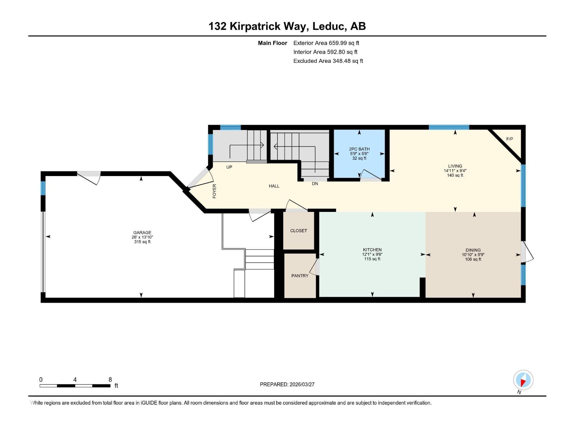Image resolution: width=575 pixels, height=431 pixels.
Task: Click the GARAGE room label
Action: tap(142, 232)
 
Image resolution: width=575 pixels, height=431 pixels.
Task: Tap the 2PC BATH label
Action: tap(359, 149)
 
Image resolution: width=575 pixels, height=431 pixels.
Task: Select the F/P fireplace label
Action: tap(509, 139)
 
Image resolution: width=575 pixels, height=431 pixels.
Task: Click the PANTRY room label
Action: tap(300, 275)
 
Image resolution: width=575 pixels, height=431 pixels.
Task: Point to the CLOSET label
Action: tap(299, 231)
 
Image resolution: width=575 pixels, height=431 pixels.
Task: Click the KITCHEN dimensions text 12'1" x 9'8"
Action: tap(372, 254)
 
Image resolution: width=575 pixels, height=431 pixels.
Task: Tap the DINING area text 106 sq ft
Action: tap(473, 259)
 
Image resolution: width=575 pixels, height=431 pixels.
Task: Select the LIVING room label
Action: tap(455, 166)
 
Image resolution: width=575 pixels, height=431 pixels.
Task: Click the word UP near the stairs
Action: tap(229, 167)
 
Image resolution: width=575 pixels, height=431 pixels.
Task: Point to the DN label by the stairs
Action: tap(315, 184)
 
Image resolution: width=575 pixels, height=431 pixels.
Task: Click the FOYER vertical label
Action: tap(215, 191)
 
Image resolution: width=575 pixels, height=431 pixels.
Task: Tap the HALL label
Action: tap(274, 186)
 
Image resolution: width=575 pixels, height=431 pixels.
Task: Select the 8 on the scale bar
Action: tap(110, 380)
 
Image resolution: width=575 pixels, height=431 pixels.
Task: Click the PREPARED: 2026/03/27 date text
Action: tap(287, 384)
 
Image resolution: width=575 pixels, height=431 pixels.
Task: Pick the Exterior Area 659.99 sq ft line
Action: tap(326, 43)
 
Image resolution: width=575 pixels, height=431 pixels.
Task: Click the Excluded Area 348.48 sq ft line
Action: tap(328, 61)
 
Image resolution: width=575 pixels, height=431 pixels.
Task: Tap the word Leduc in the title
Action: tap(330, 26)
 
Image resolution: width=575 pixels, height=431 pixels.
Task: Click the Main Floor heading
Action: tap(272, 43)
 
